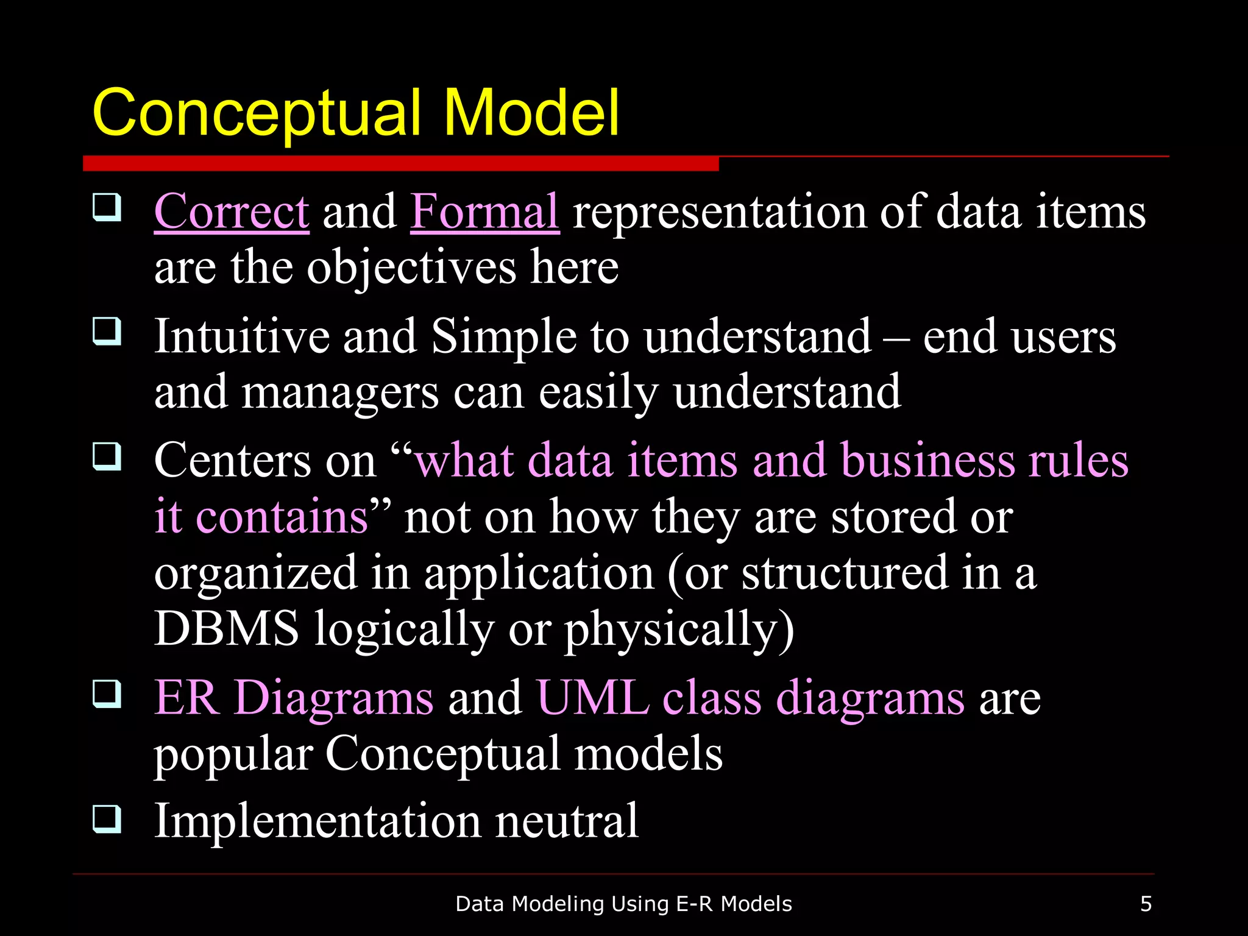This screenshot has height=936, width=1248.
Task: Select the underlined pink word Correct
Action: pos(232,211)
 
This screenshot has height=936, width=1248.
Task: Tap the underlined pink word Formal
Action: pos(484,211)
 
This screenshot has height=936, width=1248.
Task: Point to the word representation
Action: pos(718,213)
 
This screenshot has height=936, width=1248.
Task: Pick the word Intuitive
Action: pos(241,336)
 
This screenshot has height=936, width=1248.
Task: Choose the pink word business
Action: pos(927,461)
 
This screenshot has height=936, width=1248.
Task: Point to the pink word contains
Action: pos(282,517)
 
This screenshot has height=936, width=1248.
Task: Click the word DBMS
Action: pos(227,629)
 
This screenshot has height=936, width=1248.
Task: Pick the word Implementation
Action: pos(317,821)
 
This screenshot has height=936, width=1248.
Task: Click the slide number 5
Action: pos(1146,904)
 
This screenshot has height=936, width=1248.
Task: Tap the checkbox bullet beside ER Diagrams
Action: pos(107,694)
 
